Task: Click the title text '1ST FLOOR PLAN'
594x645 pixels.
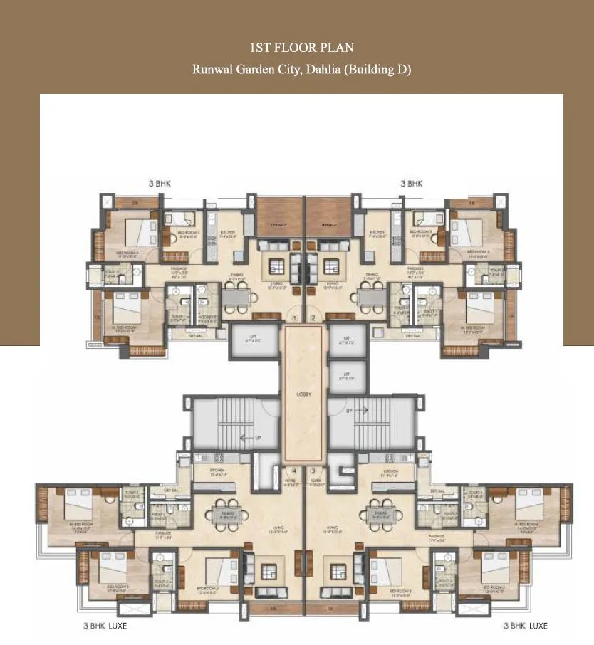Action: point(302,48)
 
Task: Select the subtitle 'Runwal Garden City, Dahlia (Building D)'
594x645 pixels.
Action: point(302,70)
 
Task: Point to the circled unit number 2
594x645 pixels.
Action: point(313,318)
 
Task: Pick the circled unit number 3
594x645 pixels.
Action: point(313,471)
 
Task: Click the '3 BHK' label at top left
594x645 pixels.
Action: point(160,184)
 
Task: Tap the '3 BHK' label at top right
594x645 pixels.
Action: point(412,184)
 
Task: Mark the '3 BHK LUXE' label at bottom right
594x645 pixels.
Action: point(525,626)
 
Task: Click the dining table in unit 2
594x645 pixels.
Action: point(370,296)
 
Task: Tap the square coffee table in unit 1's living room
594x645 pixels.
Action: point(276,268)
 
